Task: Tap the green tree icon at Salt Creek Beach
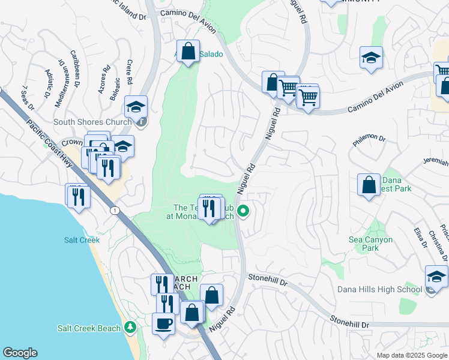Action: pos(130,328)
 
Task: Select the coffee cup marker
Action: pos(163,324)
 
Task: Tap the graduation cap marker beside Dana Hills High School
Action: pos(436,277)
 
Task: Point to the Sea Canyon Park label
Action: pos(371,244)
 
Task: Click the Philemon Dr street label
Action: pos(369,139)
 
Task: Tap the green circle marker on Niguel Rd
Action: pos(243,211)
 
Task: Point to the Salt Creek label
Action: pos(82,240)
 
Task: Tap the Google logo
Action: pos(20,353)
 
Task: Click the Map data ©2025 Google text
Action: pos(411,355)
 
